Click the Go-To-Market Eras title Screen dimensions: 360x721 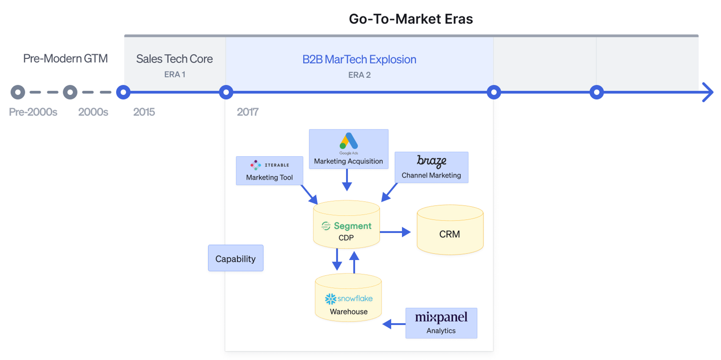(411, 19)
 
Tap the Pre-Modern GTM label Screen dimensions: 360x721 (65, 58)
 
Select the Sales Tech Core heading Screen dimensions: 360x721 (174, 59)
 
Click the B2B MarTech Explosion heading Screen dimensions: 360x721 (359, 60)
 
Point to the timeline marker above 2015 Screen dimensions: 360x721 (123, 92)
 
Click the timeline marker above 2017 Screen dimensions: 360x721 (226, 92)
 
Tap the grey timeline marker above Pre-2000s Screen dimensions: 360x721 (18, 92)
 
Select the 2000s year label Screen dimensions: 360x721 (93, 112)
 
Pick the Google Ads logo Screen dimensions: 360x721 (349, 142)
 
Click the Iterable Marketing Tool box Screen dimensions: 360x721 (269, 171)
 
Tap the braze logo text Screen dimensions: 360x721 (432, 161)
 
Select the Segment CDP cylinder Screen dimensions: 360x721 (346, 225)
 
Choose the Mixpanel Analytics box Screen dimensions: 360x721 (441, 323)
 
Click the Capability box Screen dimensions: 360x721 (235, 258)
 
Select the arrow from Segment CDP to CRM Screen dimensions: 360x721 (395, 232)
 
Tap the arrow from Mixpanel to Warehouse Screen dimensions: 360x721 (394, 324)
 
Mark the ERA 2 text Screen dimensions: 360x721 (359, 75)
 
